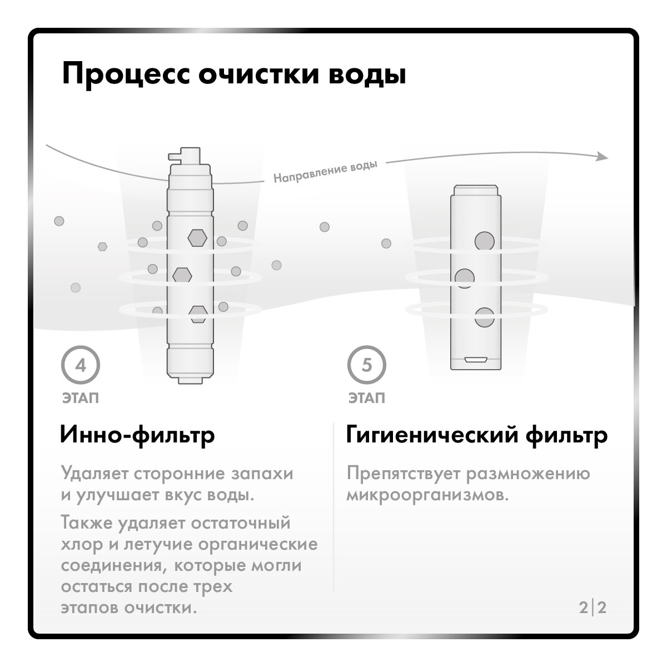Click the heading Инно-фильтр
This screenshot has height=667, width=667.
[137, 435]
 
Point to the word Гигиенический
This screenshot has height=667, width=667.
[431, 435]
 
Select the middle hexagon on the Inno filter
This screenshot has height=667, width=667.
[182, 275]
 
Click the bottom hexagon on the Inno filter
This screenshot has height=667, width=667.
[198, 313]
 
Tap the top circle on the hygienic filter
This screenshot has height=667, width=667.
[484, 241]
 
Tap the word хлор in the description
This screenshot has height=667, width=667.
[81, 545]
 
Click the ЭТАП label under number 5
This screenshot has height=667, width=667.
[366, 399]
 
